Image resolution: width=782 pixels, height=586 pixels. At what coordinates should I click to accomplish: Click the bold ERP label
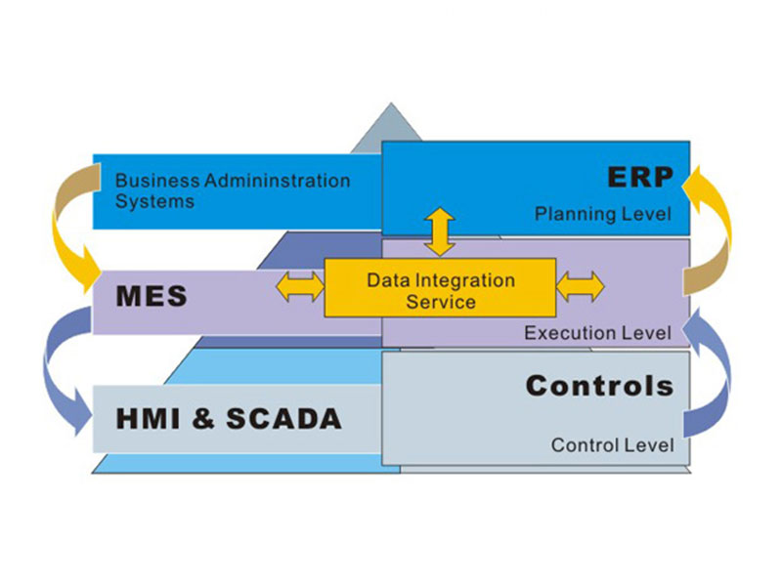pos(641,177)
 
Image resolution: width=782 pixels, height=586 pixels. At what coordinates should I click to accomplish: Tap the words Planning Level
pos(603,214)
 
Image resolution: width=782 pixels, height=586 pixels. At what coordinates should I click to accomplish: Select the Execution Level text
pos(597,333)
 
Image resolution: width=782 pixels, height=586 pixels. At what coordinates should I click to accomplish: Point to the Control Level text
pos(612,445)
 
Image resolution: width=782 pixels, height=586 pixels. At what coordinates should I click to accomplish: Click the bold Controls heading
pos(599,386)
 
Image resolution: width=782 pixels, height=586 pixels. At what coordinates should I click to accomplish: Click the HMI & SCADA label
pos(229,419)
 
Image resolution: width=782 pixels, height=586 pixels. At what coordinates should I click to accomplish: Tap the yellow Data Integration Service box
pos(440,289)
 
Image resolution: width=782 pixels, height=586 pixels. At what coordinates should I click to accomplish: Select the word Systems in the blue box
pos(154,202)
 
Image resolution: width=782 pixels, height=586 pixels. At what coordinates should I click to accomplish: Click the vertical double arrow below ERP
pos(439,232)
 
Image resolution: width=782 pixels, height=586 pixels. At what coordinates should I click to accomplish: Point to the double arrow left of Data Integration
pos(299,286)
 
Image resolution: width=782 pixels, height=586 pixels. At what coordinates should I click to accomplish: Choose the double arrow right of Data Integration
pos(581,286)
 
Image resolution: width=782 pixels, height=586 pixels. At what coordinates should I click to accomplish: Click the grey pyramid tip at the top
pos(390,126)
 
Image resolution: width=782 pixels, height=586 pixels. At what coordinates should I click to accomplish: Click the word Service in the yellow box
pos(441,302)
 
